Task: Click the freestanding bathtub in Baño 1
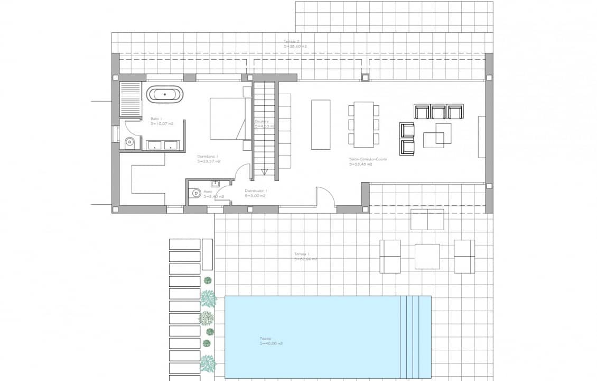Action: (x=165, y=95)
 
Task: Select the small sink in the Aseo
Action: (x=215, y=184)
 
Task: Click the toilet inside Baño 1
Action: (x=129, y=143)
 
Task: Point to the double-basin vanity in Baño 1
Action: (x=162, y=146)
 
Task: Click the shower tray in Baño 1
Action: (x=130, y=99)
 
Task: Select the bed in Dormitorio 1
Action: (x=228, y=119)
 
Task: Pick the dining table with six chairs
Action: (x=363, y=124)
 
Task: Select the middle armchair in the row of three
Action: (x=439, y=112)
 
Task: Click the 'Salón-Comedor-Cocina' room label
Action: (x=368, y=159)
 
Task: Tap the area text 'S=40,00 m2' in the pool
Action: (x=271, y=343)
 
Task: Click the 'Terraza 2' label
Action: (x=292, y=41)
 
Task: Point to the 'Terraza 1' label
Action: (x=302, y=254)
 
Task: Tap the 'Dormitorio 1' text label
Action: (x=207, y=156)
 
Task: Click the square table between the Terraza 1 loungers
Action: (x=427, y=257)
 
